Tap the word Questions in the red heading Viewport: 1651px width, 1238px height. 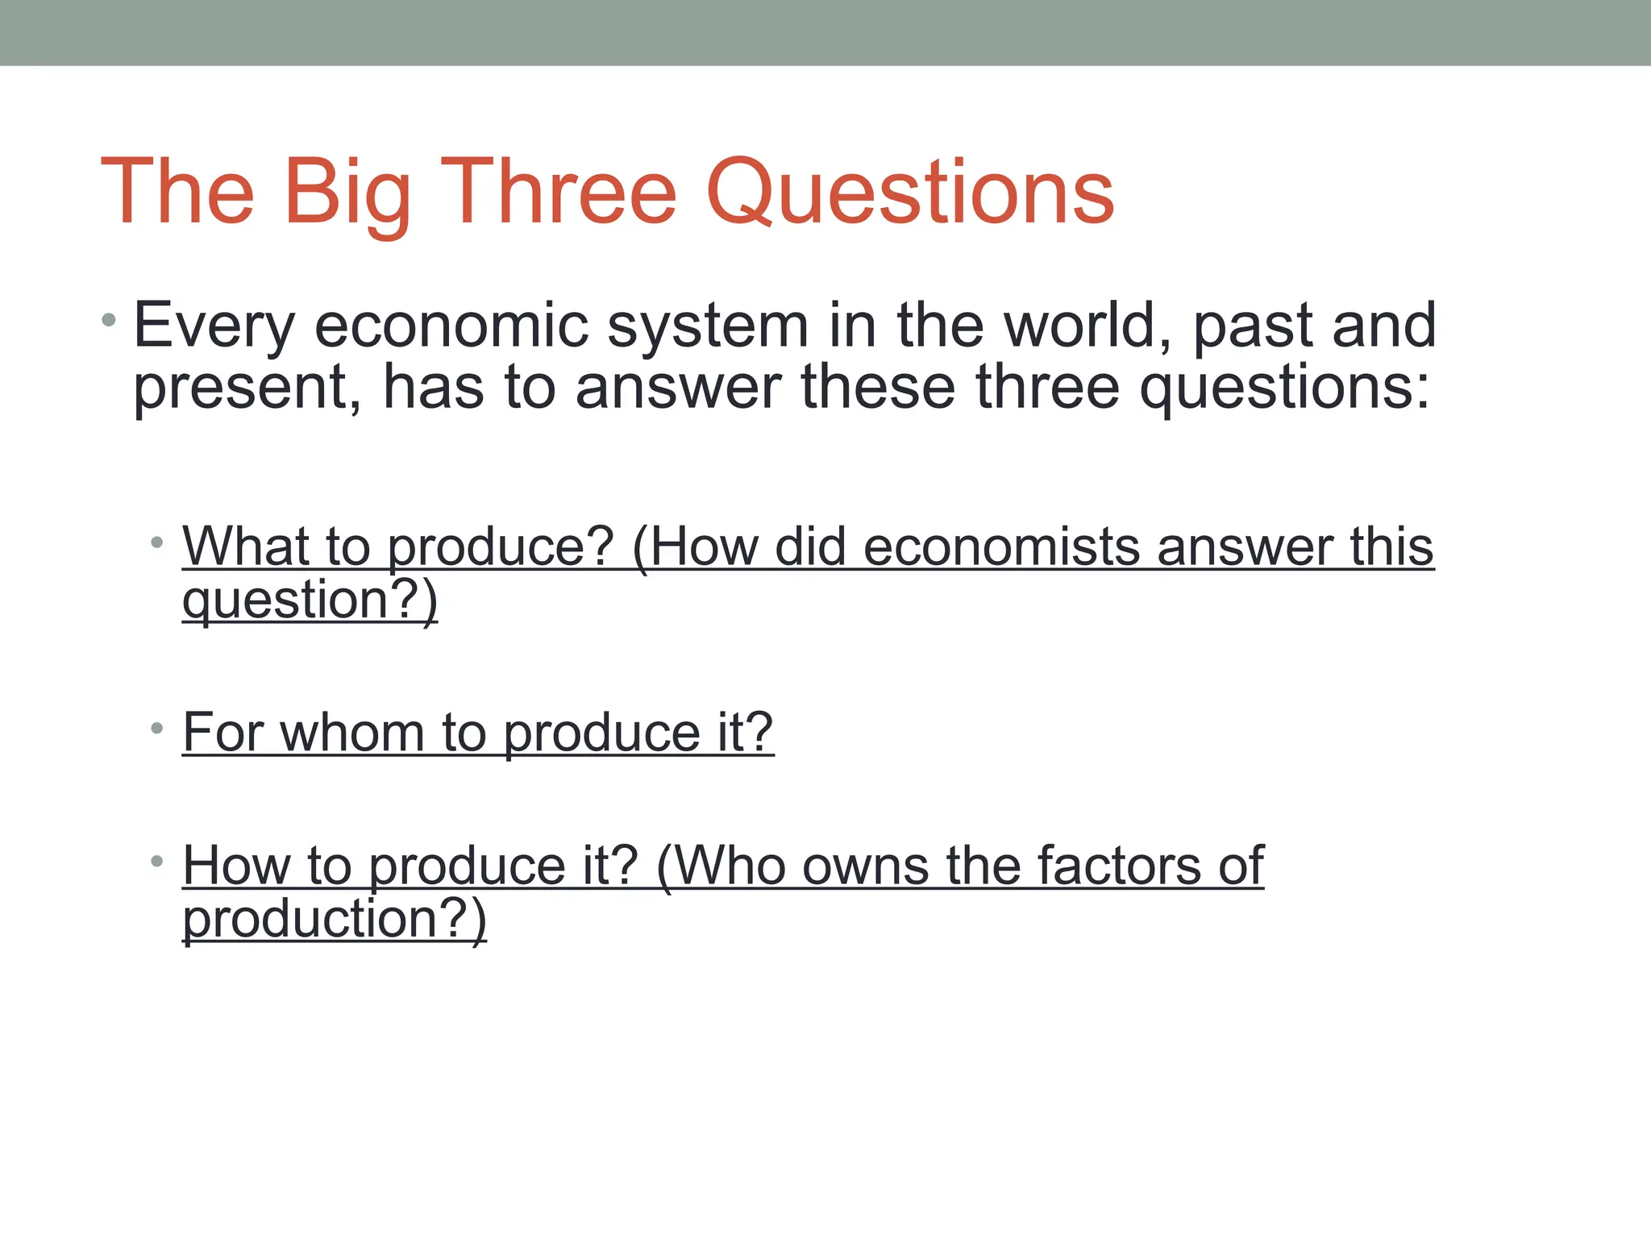[909, 193]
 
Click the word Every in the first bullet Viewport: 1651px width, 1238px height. [214, 326]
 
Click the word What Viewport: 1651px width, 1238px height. [245, 546]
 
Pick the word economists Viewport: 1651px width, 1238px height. [1000, 546]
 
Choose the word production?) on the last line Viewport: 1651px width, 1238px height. [335, 919]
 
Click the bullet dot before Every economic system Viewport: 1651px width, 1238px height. [109, 322]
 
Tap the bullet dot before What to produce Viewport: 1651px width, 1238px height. [156, 542]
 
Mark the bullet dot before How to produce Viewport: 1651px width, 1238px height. [156, 862]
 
